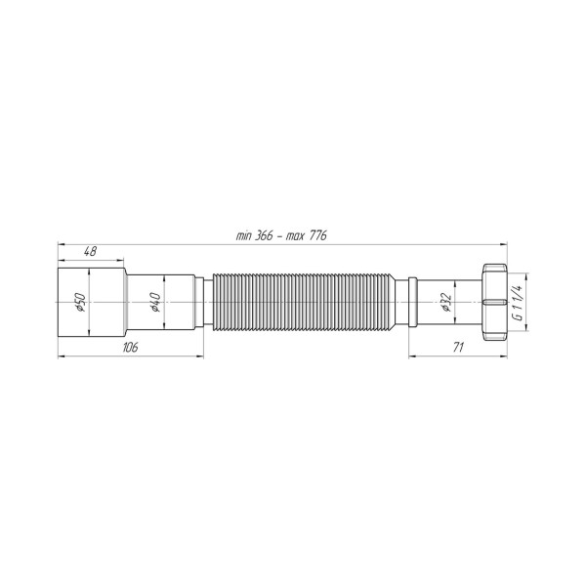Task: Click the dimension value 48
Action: click(90, 251)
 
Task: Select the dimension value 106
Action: click(131, 347)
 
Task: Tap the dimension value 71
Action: click(458, 347)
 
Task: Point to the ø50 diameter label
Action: click(80, 302)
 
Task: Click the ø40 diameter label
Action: click(155, 302)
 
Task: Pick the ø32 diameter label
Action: click(446, 302)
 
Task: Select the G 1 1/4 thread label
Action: click(518, 303)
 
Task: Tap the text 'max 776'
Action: click(307, 235)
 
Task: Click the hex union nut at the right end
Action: click(494, 302)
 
